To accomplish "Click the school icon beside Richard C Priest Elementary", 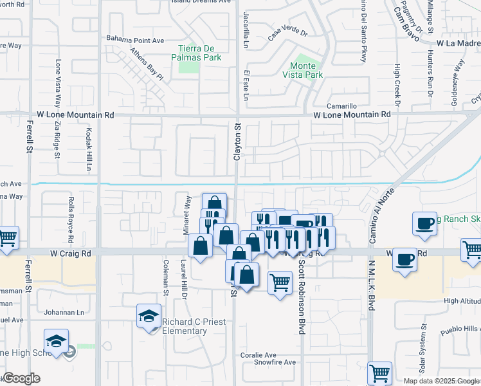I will pyautogui.click(x=149, y=317).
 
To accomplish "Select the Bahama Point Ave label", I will pyautogui.click(x=135, y=40).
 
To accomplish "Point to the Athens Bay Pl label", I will pyautogui.click(x=147, y=63).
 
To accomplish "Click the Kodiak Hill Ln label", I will pyautogui.click(x=89, y=149).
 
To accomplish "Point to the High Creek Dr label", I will pyautogui.click(x=397, y=86).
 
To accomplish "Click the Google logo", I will pyautogui.click(x=21, y=378).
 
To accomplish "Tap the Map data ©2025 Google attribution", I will pyautogui.click(x=440, y=380).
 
